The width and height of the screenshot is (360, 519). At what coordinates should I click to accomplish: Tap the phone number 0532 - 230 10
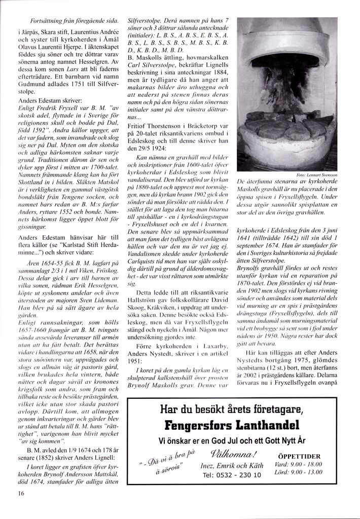(232, 475)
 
